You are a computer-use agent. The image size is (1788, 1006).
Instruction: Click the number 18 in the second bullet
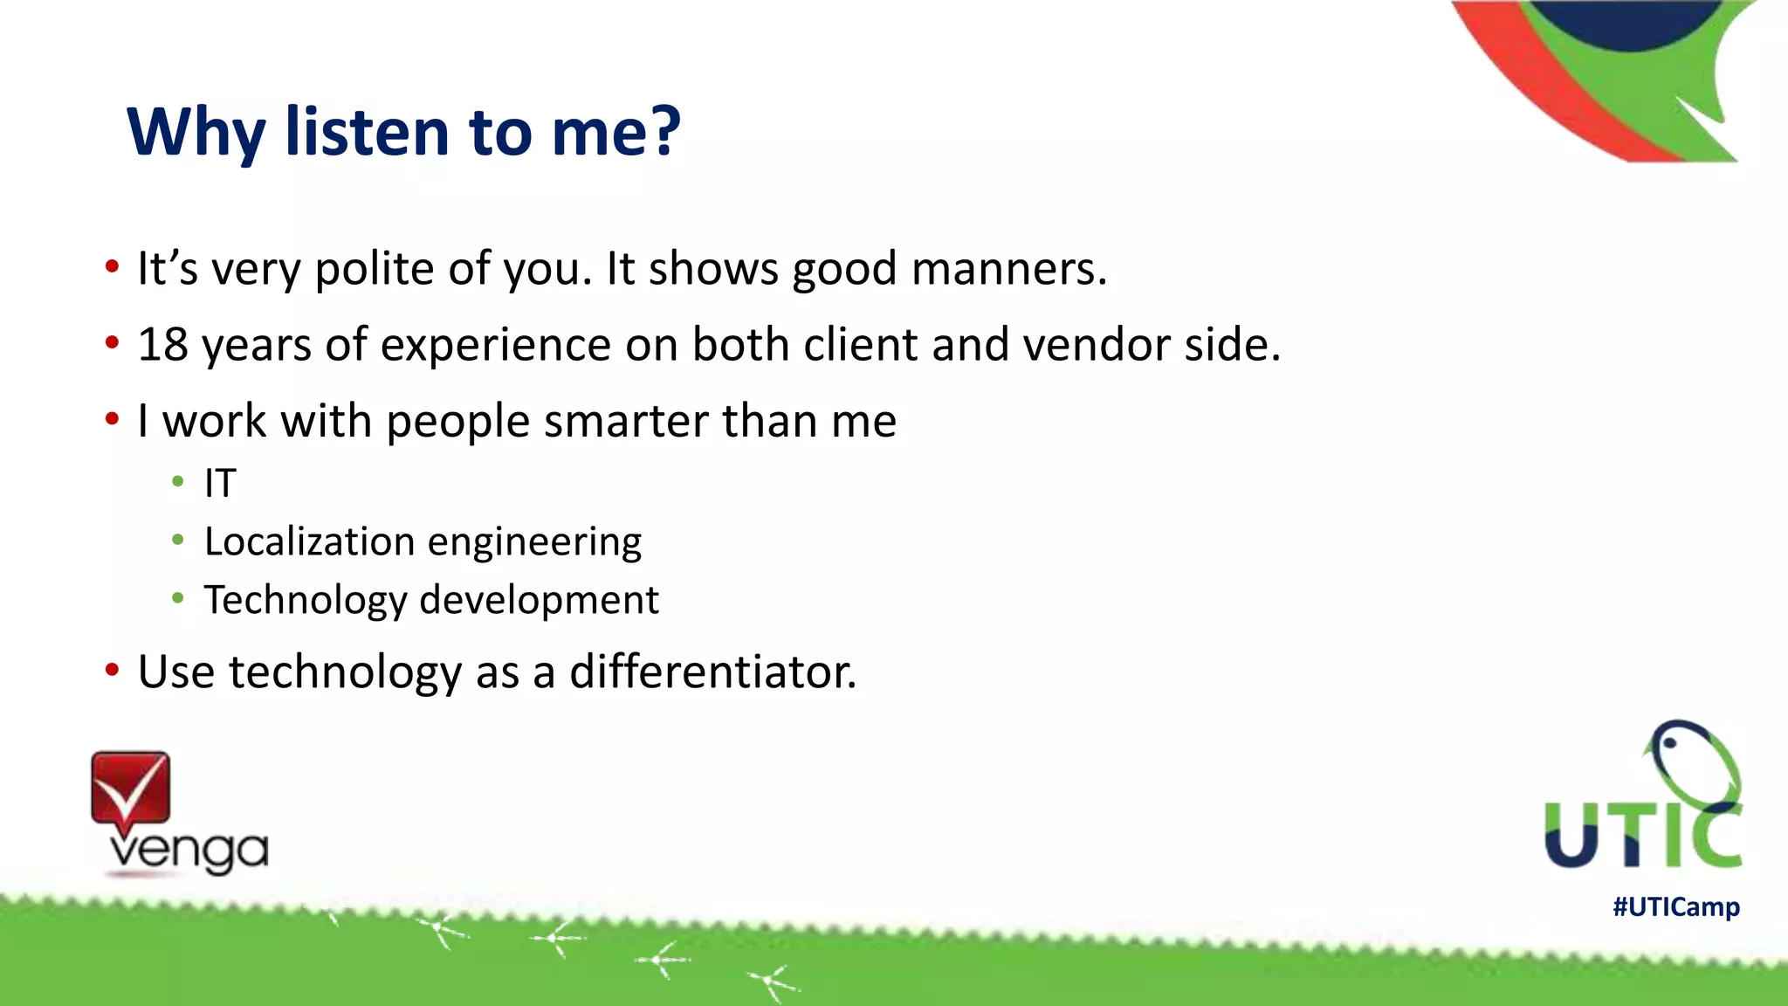[162, 344]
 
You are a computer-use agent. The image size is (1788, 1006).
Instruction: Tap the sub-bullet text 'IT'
[220, 483]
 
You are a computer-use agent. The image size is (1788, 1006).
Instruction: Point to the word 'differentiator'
[712, 672]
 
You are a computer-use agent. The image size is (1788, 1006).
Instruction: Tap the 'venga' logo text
[188, 851]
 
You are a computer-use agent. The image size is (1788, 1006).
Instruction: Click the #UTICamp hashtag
[1675, 906]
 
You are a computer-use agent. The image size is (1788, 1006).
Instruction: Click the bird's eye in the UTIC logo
[1668, 743]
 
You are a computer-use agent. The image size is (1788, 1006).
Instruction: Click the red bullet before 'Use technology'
[112, 671]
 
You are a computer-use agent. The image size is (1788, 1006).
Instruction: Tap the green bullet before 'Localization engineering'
[178, 541]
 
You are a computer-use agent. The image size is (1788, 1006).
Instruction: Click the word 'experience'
[495, 344]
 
